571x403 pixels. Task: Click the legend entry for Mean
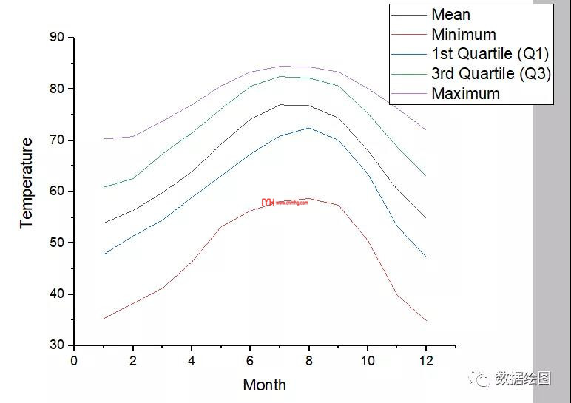click(450, 14)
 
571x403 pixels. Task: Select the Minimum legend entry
click(463, 34)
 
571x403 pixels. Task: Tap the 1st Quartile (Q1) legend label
click(490, 53)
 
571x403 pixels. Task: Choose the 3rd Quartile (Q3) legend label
click(490, 73)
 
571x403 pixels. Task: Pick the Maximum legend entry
click(465, 93)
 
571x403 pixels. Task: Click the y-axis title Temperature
click(27, 183)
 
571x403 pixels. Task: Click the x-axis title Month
click(264, 385)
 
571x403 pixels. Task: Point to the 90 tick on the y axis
click(56, 38)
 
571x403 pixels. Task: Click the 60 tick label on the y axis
click(56, 192)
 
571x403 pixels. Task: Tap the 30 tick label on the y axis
click(56, 345)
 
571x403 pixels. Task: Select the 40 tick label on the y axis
click(56, 294)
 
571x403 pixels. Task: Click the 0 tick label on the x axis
click(74, 360)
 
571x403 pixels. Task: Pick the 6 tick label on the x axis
click(250, 360)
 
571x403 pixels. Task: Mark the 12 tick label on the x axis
click(426, 360)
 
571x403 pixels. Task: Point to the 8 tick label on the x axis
click(308, 360)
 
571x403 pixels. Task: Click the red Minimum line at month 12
click(426, 320)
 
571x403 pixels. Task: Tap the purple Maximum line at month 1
click(104, 139)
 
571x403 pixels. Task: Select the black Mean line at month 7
click(280, 104)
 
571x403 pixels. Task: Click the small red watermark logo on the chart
click(268, 202)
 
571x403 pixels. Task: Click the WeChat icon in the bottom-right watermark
click(483, 379)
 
